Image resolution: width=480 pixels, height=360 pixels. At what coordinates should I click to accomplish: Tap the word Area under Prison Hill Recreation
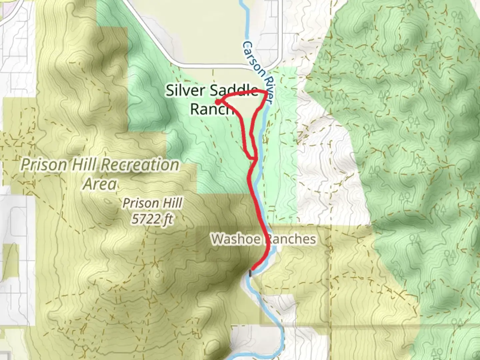(100, 184)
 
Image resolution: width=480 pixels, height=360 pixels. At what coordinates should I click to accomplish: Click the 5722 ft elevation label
(153, 219)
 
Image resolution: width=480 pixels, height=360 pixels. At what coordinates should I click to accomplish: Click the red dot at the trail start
(217, 102)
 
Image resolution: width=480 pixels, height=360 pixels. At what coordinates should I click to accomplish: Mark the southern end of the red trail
(253, 268)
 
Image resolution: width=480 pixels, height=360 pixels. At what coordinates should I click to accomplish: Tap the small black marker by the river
(250, 273)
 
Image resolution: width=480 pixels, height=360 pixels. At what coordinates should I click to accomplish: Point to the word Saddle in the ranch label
(235, 91)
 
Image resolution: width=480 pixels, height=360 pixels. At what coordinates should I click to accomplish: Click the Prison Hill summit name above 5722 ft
(153, 203)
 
